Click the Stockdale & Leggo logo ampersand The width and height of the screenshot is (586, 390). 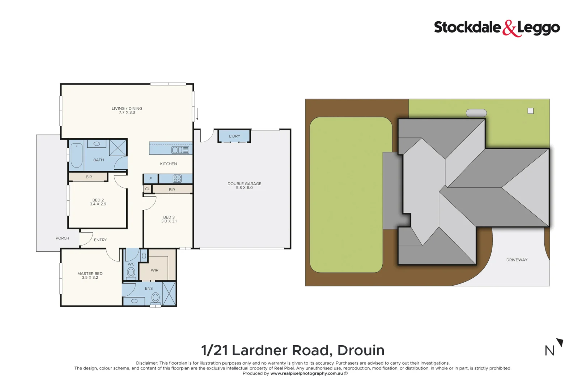509,29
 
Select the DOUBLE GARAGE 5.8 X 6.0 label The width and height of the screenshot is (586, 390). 244,185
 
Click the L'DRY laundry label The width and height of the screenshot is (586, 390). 234,136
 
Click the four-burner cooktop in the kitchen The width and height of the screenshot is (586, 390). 177,178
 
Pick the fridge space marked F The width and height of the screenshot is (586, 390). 150,178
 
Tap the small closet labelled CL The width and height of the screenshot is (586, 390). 147,189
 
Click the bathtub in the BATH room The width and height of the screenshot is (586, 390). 76,156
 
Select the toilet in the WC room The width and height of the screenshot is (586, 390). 131,272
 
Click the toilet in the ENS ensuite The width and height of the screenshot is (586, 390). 156,298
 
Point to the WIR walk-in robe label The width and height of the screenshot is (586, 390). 154,270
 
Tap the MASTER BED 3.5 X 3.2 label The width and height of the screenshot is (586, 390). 90,276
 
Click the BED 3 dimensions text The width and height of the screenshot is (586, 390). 169,221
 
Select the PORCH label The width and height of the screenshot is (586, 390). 62,238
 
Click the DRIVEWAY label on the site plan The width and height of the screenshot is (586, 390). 517,260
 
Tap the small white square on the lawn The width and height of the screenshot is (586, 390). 530,111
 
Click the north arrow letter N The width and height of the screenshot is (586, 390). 549,351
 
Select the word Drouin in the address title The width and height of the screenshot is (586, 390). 361,350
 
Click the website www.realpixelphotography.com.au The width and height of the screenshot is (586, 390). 306,373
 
